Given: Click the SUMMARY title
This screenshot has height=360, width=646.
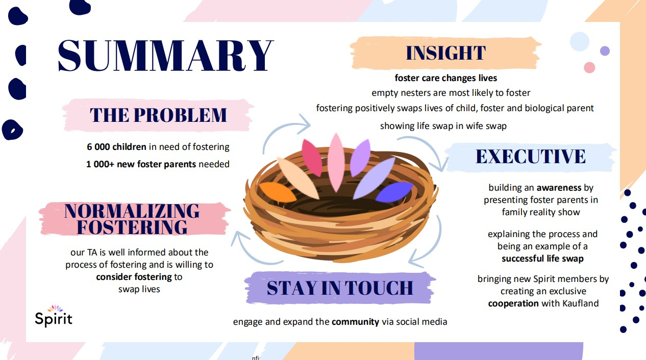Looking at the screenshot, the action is point(165,56).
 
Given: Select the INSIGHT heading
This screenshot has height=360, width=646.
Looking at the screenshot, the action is point(446,53).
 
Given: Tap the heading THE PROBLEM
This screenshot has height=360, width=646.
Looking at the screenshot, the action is point(158,115).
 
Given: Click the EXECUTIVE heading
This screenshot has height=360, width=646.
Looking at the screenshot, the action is point(531,157).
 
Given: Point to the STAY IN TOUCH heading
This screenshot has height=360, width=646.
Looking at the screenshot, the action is point(340,288).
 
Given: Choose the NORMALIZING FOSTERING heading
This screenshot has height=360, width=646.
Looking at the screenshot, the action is point(132,219).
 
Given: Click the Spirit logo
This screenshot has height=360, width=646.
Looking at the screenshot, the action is point(54,316).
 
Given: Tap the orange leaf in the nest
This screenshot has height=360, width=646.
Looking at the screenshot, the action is point(278,192).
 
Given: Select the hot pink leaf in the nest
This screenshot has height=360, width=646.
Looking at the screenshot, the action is point(312,158).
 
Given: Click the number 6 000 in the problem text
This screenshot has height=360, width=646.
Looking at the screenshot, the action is point(98,147).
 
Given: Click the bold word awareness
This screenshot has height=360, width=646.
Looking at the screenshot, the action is point(559,188).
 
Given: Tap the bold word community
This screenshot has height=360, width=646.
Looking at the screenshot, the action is point(355,322).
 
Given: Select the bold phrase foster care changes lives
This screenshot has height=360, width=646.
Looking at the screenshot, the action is point(446,78).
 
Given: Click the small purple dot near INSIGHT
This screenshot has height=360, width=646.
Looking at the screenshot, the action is point(605,51).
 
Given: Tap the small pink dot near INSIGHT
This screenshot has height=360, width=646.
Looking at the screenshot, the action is point(589,67).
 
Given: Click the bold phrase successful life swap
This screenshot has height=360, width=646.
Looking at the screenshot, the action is point(542,259).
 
